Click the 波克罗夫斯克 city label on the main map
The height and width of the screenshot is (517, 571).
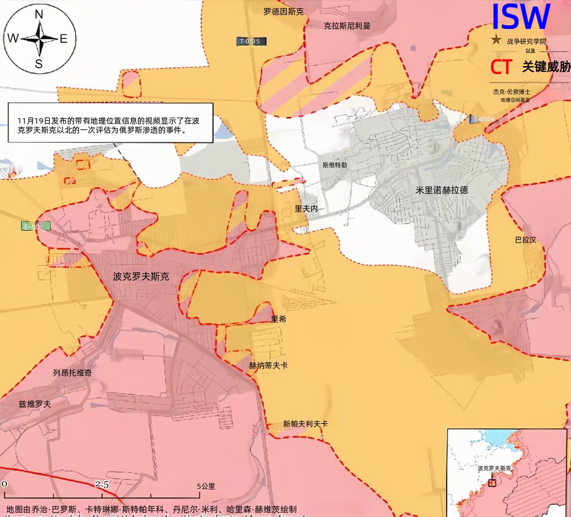141,277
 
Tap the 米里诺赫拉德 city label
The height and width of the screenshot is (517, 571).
442,190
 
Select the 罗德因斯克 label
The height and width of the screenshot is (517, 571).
283,12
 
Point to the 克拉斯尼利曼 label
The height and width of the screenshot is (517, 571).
347,26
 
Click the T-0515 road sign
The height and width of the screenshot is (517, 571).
251,41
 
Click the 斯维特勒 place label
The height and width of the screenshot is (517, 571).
335,165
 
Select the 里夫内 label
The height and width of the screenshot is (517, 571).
306,208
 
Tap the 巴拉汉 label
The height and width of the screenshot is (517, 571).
525,240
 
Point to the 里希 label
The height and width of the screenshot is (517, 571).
279,319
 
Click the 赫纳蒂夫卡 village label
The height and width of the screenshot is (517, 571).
268,365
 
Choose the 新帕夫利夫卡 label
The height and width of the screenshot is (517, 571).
305,424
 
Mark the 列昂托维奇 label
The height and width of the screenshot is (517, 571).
72,372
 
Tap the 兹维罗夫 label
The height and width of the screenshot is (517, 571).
35,404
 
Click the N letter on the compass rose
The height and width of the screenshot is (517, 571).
39,15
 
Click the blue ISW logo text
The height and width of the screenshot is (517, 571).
520,17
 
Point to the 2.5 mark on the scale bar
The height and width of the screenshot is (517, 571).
102,484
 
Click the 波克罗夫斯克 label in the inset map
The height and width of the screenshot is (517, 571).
494,468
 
